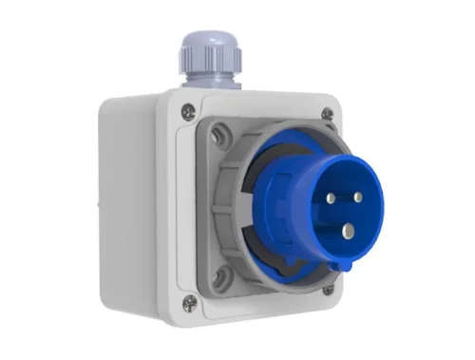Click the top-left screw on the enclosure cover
[188, 109]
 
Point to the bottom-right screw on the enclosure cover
[328, 290]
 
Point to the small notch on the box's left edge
[99, 205]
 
